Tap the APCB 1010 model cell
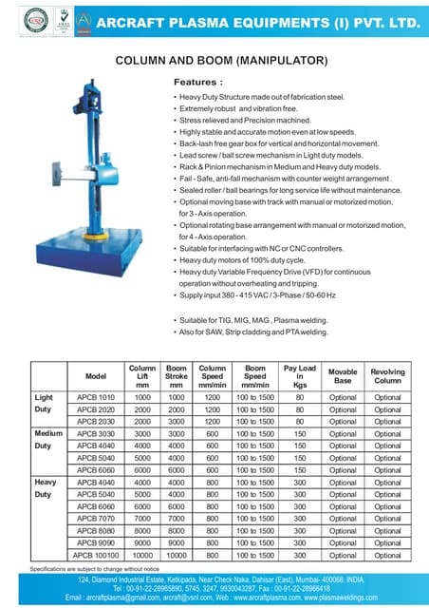[x=96, y=396]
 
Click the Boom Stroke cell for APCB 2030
[x=176, y=421]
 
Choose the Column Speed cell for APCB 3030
[x=212, y=432]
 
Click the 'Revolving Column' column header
[x=387, y=376]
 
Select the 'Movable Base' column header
[x=343, y=376]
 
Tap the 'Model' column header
[x=96, y=376]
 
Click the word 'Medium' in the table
[x=48, y=432]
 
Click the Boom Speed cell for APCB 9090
[x=255, y=542]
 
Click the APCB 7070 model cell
[x=96, y=518]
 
